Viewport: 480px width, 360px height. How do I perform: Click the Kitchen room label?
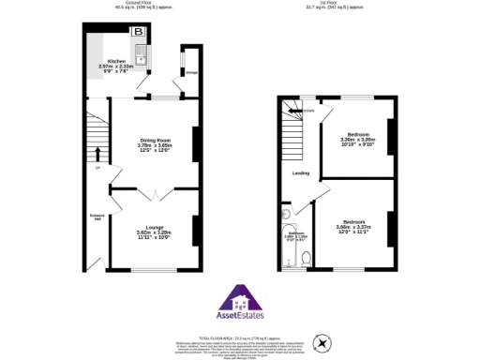pyautogui.click(x=116, y=64)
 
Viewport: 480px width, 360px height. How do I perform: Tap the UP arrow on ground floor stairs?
pyautogui.click(x=97, y=153)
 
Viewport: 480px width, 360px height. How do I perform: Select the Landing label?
pyautogui.click(x=301, y=173)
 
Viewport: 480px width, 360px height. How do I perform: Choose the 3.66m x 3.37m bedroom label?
pyautogui.click(x=353, y=228)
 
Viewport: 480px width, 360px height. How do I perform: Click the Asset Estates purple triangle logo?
pyautogui.click(x=240, y=302)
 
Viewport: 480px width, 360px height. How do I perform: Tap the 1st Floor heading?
pyautogui.click(x=333, y=5)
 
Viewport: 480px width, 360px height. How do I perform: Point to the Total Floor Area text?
pyautogui.click(x=240, y=335)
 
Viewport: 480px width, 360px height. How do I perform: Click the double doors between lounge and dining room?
pyautogui.click(x=155, y=194)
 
